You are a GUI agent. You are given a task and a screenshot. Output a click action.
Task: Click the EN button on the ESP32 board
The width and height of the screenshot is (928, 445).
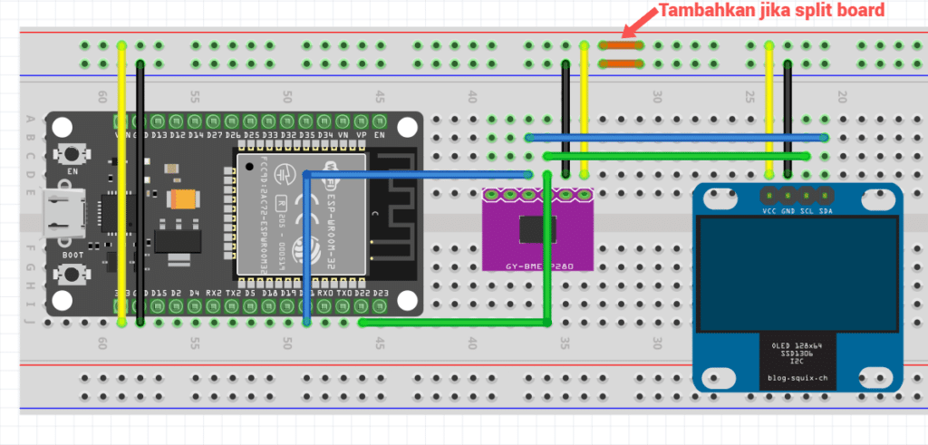click(67, 153)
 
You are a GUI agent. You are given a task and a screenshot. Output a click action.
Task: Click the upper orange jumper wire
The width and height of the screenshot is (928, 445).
click(623, 44)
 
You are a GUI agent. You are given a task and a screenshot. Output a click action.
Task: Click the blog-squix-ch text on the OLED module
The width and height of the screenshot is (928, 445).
click(797, 377)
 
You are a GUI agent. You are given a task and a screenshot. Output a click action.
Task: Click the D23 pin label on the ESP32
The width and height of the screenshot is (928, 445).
click(381, 293)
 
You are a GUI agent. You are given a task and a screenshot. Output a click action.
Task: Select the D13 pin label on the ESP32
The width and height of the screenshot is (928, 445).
click(159, 135)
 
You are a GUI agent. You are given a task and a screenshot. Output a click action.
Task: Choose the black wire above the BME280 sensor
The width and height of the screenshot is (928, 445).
click(565, 118)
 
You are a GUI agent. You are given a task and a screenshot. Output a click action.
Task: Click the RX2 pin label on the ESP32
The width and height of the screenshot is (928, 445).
click(215, 293)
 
